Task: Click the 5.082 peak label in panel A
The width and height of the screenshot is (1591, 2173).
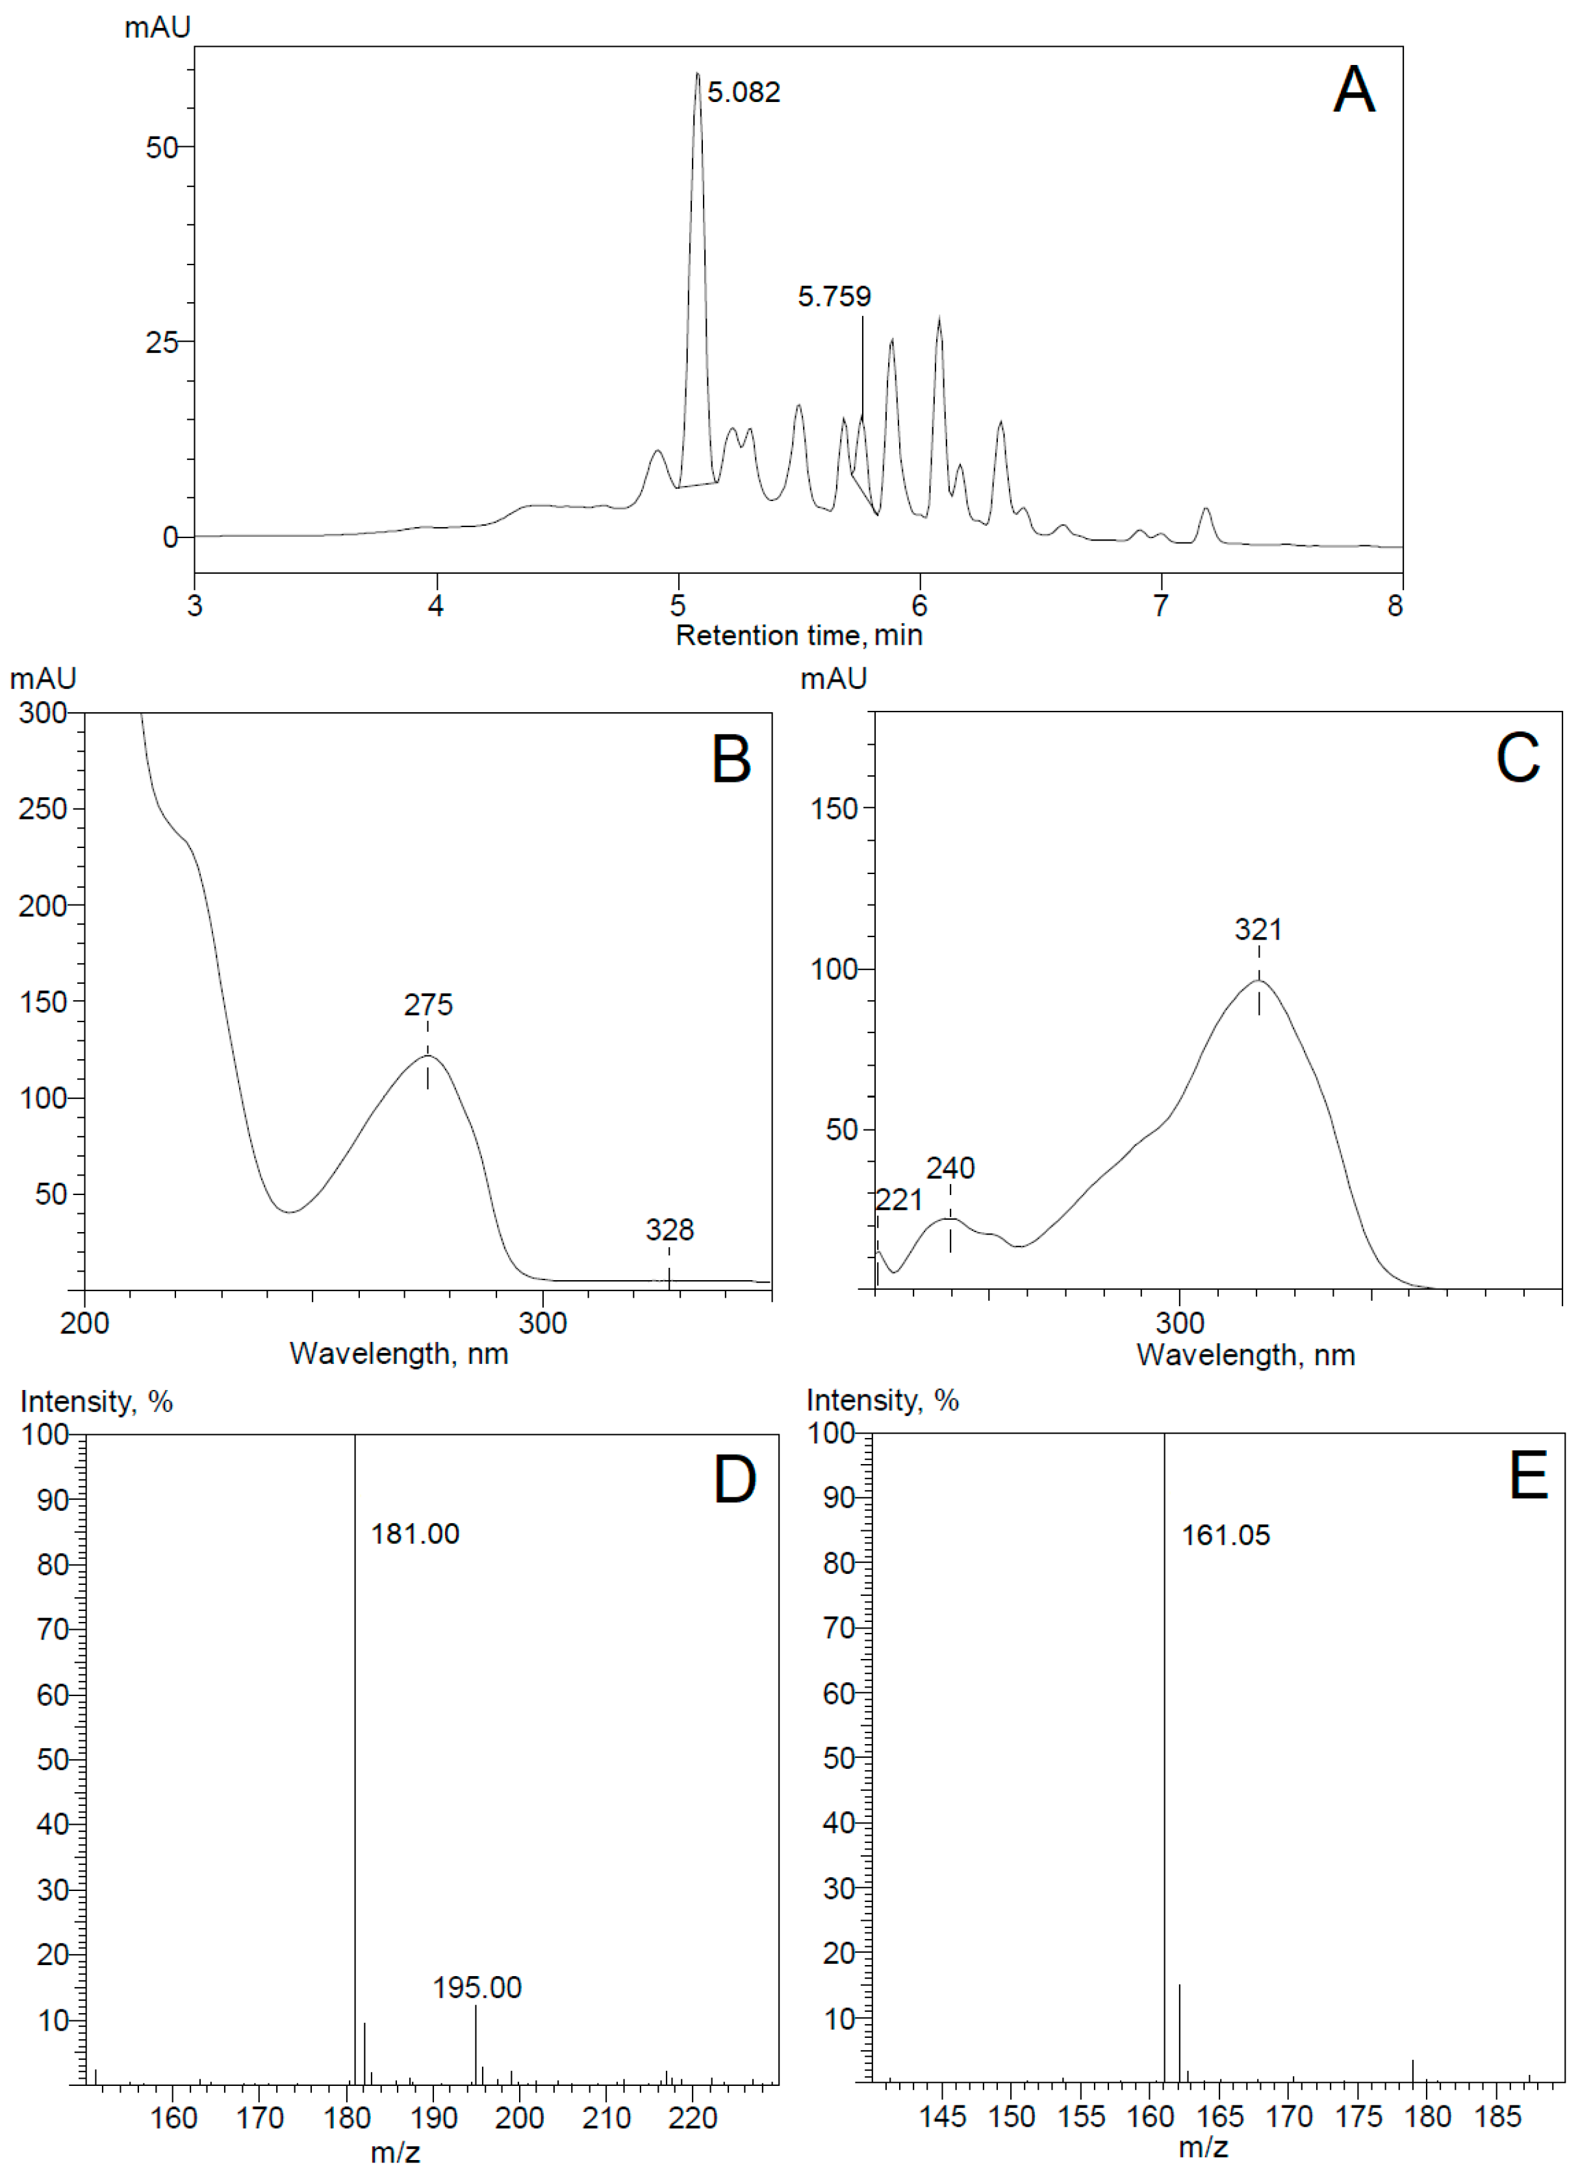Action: [x=743, y=92]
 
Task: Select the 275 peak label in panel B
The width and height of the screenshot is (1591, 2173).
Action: [x=427, y=1005]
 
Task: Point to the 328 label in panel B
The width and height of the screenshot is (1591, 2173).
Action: [x=668, y=1230]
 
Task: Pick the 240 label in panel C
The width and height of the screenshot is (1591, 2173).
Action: [x=950, y=1168]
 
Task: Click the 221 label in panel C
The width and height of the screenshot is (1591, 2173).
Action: [x=898, y=1200]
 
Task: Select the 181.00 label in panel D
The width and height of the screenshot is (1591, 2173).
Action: [x=415, y=1534]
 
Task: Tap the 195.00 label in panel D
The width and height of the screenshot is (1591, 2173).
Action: [x=477, y=1987]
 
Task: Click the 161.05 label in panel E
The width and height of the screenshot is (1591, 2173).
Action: [x=1225, y=1534]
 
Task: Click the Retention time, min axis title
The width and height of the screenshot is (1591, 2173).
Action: [x=798, y=636]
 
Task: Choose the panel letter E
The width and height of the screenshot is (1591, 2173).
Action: [x=1529, y=1476]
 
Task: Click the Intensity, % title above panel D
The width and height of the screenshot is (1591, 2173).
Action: [x=96, y=1402]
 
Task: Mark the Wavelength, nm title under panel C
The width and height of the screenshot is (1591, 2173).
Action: [x=1245, y=1356]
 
